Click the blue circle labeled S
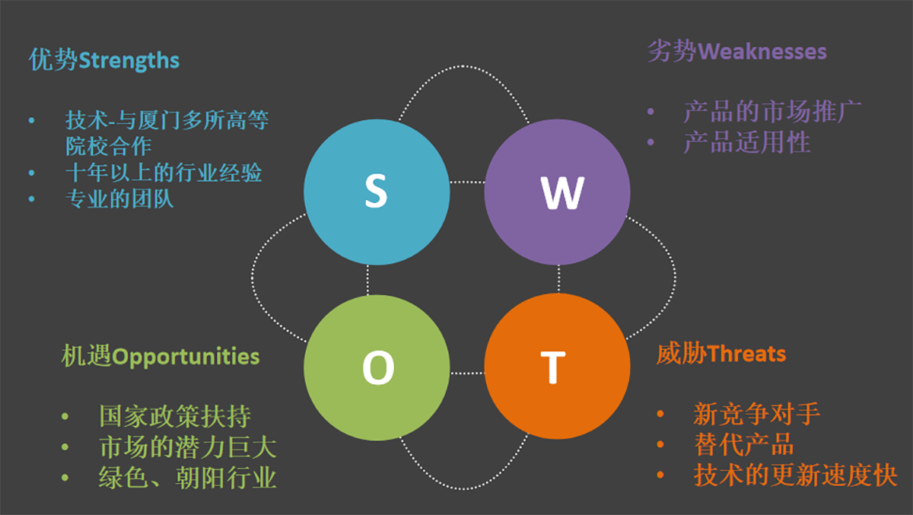click(377, 192)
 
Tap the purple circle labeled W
click(557, 192)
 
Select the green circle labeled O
click(377, 367)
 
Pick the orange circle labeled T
click(557, 367)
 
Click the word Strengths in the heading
click(129, 61)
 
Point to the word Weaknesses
click(762, 52)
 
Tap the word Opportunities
click(186, 358)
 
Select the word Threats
click(746, 354)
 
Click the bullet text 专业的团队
click(119, 199)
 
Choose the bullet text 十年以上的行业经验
click(164, 173)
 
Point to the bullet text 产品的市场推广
click(772, 111)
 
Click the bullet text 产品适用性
click(746, 142)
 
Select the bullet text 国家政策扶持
click(175, 416)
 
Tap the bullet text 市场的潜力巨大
click(188, 447)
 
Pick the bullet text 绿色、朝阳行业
click(187, 478)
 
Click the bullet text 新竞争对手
click(756, 414)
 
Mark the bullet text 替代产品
click(744, 444)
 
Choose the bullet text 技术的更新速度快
click(795, 475)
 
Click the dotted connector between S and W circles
click(467, 182)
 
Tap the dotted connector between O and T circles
click(467, 374)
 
